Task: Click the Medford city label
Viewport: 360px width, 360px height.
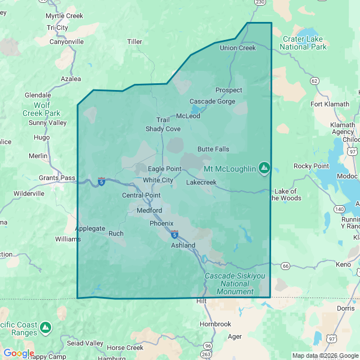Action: pos(149,211)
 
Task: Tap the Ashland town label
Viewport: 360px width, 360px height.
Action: pos(183,245)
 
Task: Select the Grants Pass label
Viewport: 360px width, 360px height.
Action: pos(57,178)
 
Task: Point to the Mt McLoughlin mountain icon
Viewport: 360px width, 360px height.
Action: pos(264,167)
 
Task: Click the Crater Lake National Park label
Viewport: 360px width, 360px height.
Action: pos(304,43)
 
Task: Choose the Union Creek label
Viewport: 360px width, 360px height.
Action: pos(237,48)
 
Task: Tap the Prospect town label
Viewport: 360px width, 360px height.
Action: pos(229,90)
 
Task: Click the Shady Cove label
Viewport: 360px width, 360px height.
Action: pos(163,129)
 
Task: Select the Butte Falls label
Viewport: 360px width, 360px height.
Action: pos(213,149)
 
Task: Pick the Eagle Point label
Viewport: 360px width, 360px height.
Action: pos(165,169)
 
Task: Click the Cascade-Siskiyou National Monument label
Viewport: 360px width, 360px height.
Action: pos(229,284)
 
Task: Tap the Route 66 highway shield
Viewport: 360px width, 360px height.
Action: pos(285,265)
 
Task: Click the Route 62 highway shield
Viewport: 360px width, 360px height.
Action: pos(314,81)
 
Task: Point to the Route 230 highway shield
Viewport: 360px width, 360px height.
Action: pos(259,3)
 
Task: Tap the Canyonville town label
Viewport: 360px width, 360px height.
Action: pos(66,42)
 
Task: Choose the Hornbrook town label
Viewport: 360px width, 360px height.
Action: pos(215,324)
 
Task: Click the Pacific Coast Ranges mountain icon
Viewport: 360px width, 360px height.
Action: pos(46,326)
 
